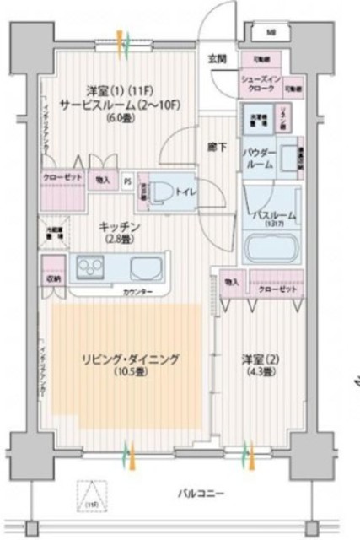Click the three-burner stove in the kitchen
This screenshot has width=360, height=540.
(x=90, y=269)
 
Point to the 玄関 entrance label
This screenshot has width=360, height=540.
(x=217, y=58)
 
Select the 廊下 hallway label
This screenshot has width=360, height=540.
(x=216, y=146)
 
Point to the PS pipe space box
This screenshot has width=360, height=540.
(x=127, y=180)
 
